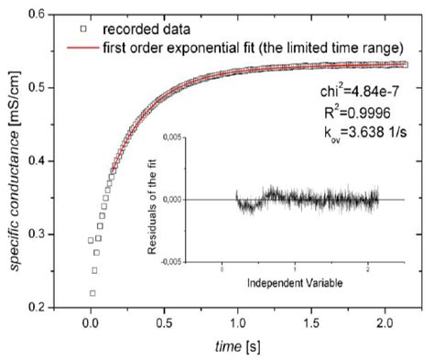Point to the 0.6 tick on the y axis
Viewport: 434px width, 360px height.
click(40, 15)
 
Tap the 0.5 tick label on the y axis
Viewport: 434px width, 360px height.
click(40, 88)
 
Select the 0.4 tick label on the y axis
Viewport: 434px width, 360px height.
click(40, 161)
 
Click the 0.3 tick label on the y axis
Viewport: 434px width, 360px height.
click(40, 235)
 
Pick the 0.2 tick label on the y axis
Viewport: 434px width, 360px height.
click(40, 307)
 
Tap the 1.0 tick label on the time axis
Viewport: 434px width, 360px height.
click(237, 323)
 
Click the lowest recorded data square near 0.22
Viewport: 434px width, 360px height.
click(92, 293)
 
